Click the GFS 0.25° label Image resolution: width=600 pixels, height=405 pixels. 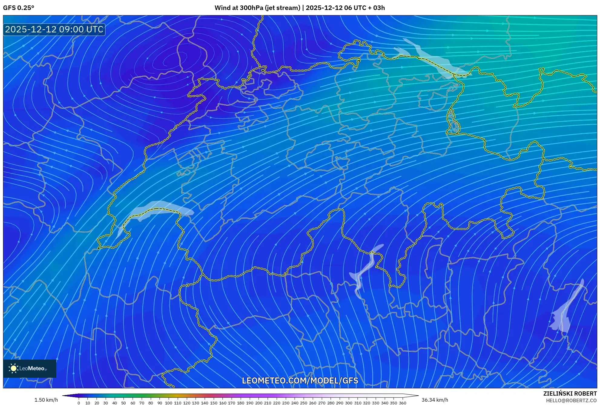click(x=18, y=8)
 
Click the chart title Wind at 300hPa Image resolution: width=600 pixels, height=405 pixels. click(x=257, y=8)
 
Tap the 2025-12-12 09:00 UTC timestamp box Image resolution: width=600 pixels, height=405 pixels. click(x=54, y=29)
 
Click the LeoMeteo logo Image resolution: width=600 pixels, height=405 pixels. click(x=29, y=368)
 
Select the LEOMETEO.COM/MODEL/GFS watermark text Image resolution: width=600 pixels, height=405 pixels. click(x=300, y=380)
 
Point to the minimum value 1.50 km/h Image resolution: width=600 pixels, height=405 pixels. click(x=46, y=400)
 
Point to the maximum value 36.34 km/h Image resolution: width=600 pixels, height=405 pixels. click(x=435, y=400)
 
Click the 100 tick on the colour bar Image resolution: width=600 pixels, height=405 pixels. click(x=169, y=403)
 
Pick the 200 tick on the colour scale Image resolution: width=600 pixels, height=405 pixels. click(x=259, y=403)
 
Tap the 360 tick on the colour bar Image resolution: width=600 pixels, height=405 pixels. click(x=402, y=403)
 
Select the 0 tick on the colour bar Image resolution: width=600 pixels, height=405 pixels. click(x=79, y=403)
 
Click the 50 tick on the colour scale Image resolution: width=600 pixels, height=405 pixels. click(x=124, y=403)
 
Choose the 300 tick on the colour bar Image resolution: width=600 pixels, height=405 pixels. click(x=348, y=403)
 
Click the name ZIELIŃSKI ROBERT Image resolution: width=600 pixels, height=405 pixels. click(x=570, y=393)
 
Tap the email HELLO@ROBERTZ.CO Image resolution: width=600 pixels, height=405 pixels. click(x=571, y=400)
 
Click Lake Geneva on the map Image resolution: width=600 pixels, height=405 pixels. click(x=157, y=209)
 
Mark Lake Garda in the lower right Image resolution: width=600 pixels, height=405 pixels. click(x=565, y=312)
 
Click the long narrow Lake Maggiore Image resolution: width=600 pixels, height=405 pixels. click(x=365, y=269)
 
